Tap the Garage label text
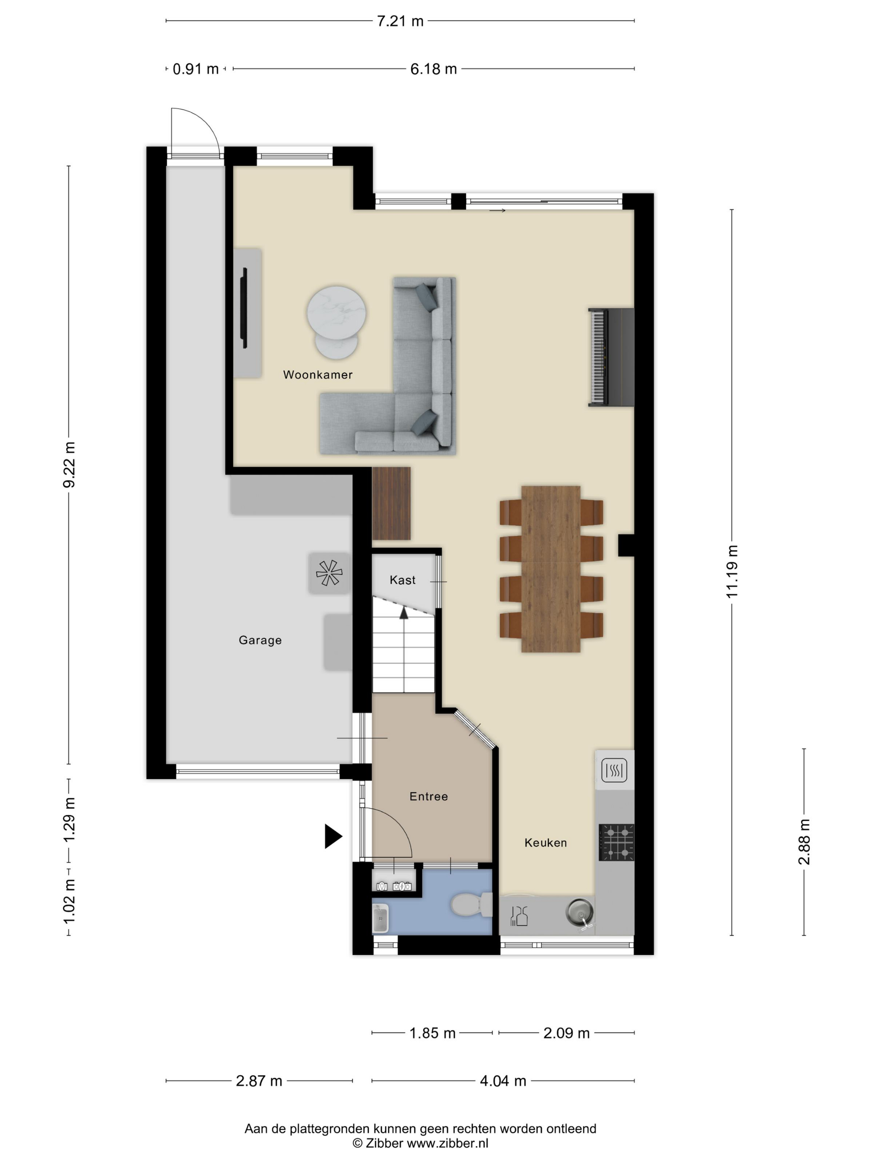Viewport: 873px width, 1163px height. click(x=260, y=640)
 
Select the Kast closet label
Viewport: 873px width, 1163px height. click(x=402, y=580)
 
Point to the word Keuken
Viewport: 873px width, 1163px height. click(x=546, y=843)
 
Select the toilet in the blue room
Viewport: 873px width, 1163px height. click(x=471, y=904)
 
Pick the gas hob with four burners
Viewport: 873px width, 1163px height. click(x=616, y=842)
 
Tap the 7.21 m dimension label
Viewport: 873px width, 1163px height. click(x=400, y=21)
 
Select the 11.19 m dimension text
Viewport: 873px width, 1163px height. click(x=732, y=572)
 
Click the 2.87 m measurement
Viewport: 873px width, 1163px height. click(x=259, y=1081)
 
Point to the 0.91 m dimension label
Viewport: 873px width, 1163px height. click(x=196, y=69)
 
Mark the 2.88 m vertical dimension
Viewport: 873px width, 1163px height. click(x=804, y=842)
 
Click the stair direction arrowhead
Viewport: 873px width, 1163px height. click(x=404, y=613)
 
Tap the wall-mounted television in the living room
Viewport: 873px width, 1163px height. click(x=244, y=308)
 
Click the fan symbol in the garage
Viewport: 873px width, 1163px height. click(x=329, y=573)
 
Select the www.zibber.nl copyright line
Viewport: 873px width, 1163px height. click(x=420, y=1143)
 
